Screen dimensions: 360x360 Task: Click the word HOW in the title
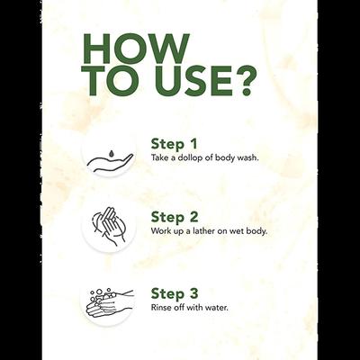(137, 49)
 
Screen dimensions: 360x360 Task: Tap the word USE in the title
(194, 81)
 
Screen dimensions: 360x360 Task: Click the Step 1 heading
(174, 144)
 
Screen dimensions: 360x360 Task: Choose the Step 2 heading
(175, 217)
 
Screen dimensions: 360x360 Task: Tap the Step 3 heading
(175, 293)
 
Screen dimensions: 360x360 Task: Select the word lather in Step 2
(203, 231)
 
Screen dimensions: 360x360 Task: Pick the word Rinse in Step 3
(159, 308)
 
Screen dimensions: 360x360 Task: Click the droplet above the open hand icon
(112, 154)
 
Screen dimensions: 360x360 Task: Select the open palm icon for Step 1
(110, 162)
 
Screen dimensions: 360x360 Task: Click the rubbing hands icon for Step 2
(109, 226)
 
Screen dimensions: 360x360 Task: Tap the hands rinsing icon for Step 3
(109, 302)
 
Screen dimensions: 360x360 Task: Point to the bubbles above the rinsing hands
(103, 292)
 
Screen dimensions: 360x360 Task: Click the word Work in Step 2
(159, 231)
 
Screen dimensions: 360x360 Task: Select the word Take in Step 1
(158, 157)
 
